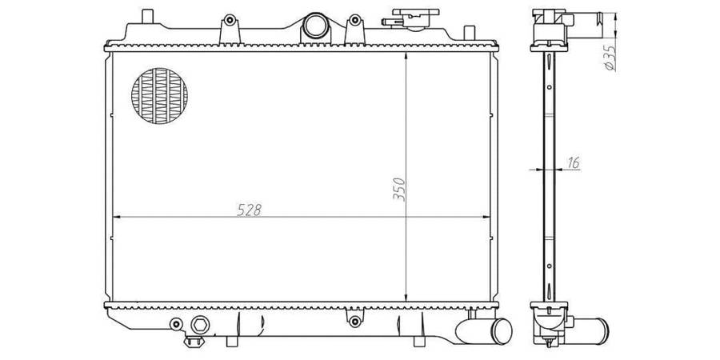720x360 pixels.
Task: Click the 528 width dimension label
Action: pos(250,210)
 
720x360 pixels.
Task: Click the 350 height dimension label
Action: pos(399,189)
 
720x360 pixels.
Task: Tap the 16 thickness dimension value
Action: pos(573,162)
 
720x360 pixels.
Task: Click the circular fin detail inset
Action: pos(159,96)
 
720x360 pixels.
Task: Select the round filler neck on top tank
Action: pos(315,26)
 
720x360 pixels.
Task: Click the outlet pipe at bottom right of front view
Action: pos(485,331)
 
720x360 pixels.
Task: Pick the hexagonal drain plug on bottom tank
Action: pos(200,325)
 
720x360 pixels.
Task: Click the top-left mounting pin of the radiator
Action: pos(147,16)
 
